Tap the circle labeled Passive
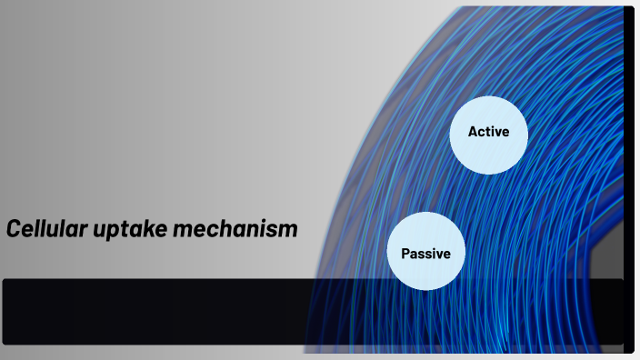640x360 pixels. pos(426,251)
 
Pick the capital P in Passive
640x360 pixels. pos(405,254)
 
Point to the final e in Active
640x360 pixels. pos(505,133)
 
